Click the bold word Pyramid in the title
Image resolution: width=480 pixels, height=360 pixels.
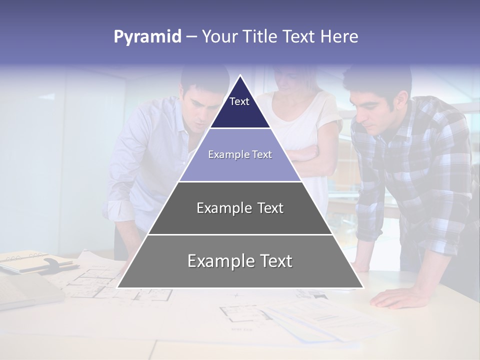(147, 37)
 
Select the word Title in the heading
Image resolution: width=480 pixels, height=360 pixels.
(260, 37)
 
